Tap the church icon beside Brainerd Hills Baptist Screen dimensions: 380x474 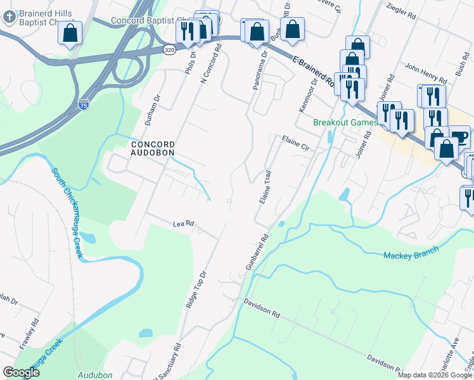(x=9, y=17)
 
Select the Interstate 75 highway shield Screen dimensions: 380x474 (x=83, y=103)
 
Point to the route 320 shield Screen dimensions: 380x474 (x=169, y=49)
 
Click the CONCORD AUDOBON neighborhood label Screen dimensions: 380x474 (x=152, y=148)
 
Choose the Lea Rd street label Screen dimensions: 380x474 (x=183, y=224)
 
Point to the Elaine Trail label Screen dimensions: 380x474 (x=266, y=187)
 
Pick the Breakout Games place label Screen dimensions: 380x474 (x=346, y=122)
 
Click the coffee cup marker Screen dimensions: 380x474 (x=459, y=138)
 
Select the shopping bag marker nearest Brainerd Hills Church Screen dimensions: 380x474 (x=70, y=34)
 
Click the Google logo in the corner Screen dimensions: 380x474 (x=21, y=372)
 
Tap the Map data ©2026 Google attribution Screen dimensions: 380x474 (x=435, y=375)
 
